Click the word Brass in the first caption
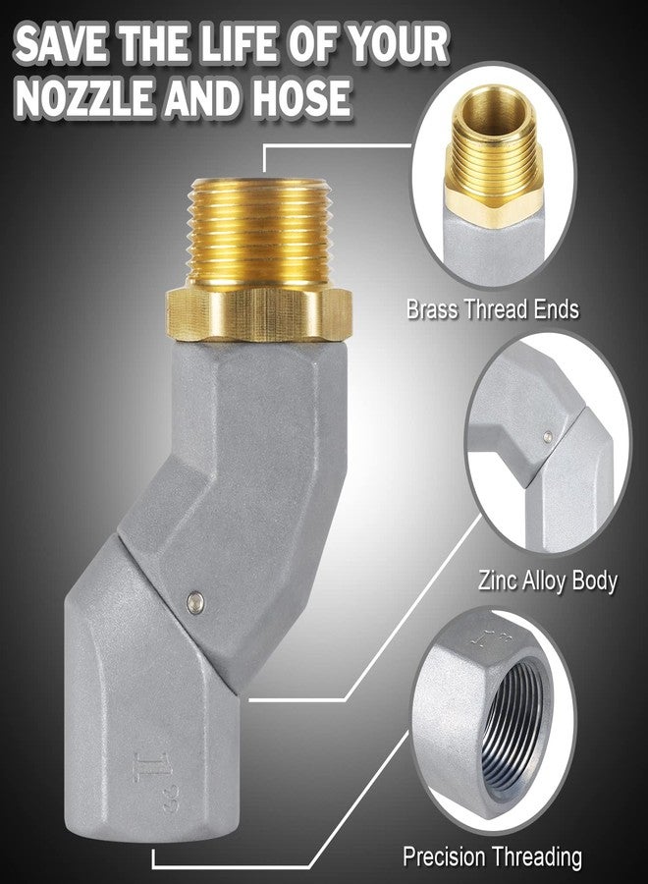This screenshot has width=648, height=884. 432,309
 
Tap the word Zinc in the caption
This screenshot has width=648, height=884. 498,580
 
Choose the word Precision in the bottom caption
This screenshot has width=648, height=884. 444,856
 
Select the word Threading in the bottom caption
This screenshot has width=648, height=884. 536,856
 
